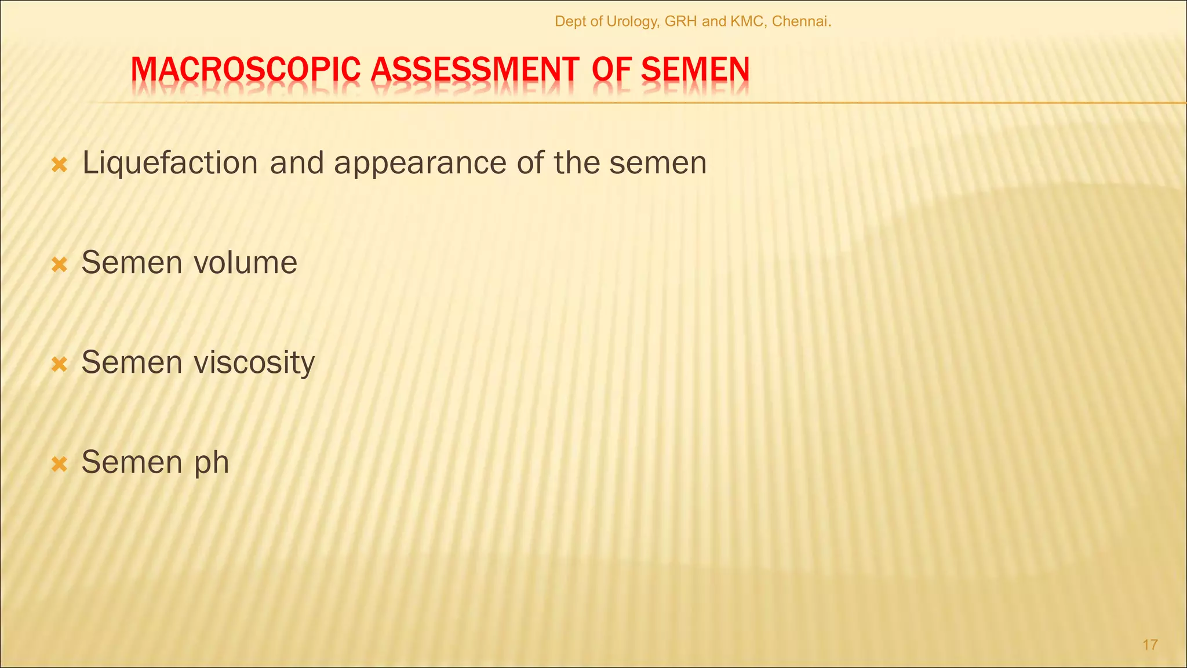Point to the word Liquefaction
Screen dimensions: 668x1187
click(170, 163)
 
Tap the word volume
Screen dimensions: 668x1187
click(245, 263)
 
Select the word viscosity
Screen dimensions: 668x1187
click(254, 363)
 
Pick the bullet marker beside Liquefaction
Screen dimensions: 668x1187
click(60, 165)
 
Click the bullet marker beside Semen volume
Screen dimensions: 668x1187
click(60, 265)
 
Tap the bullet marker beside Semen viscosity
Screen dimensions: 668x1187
click(60, 365)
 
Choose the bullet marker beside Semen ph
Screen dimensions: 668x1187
click(60, 464)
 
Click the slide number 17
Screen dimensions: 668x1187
click(1150, 645)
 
